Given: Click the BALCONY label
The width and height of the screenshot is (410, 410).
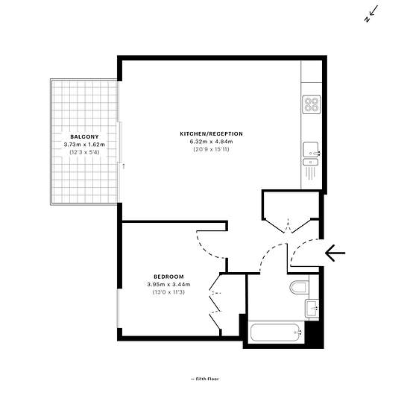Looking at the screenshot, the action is coord(84,136).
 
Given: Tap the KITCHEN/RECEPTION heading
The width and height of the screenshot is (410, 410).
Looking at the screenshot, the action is coord(211,134).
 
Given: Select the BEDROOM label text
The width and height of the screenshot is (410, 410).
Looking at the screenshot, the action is coord(168,277).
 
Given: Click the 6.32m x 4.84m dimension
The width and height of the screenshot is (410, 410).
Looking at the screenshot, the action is coord(211,142).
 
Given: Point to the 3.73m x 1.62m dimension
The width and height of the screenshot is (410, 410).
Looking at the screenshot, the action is coord(84,145).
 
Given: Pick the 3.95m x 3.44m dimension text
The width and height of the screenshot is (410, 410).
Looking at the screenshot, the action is coord(168,284).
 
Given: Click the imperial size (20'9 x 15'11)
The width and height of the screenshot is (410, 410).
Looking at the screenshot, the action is coord(211,149).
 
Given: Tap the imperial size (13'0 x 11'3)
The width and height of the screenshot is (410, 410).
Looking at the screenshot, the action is coord(168,292).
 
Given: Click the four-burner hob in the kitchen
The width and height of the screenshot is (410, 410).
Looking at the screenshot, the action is coord(312,104).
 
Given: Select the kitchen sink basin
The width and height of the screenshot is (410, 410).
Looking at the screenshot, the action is coord(311,150).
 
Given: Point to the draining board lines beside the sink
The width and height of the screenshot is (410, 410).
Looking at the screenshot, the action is coord(310,174).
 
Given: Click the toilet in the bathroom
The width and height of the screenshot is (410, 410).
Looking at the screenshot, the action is coord(300,287).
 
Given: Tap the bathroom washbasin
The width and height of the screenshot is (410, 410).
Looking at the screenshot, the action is coord(312,308).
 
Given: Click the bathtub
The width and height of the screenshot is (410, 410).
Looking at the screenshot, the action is coord(276,332).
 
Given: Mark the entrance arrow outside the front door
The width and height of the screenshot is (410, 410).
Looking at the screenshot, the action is coord(335,253).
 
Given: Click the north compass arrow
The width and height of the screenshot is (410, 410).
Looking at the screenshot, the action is coord(371,13).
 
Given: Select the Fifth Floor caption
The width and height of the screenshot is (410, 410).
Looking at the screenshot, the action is coord(205,379).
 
